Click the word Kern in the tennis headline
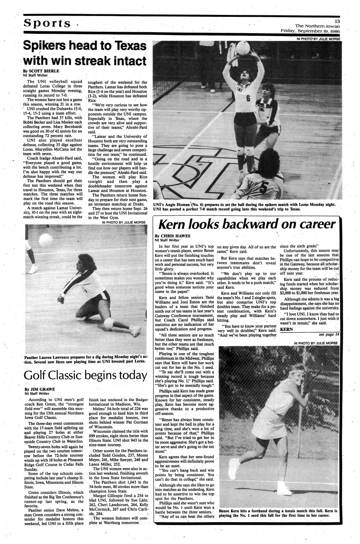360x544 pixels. (x=174, y=224)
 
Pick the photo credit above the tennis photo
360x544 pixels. (x=316, y=343)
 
